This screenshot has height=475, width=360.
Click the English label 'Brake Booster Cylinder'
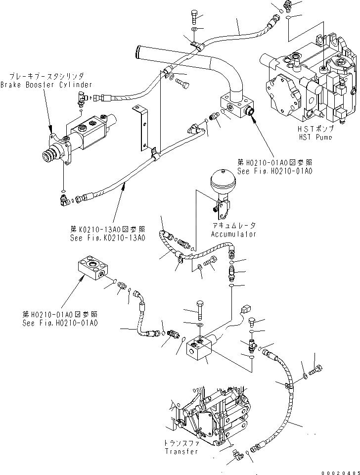pyautogui.click(x=46, y=85)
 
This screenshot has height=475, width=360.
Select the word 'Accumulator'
pyautogui.click(x=232, y=234)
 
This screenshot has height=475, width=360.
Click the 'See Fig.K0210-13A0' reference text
pyautogui.click(x=108, y=238)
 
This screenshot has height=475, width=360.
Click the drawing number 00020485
pyautogui.click(x=337, y=470)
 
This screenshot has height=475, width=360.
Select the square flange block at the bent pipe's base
pyautogui.click(x=236, y=106)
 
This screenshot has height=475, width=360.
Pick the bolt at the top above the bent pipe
pyautogui.click(x=193, y=18)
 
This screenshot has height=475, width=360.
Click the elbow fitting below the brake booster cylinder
pyautogui.click(x=63, y=200)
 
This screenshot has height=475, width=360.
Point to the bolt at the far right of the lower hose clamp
pyautogui.click(x=317, y=368)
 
